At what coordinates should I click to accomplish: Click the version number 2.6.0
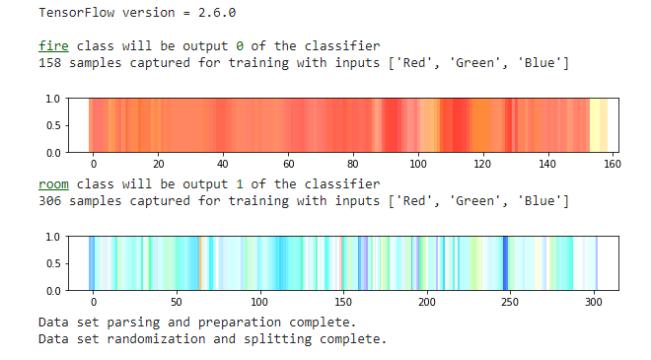pos(219,14)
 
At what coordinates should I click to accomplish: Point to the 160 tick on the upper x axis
pos(612,165)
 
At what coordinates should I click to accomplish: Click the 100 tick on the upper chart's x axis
pos(418,165)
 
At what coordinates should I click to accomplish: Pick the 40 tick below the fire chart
pos(223,165)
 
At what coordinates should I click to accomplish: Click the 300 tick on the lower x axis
pos(594,303)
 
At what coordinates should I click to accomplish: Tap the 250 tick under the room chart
pos(510,303)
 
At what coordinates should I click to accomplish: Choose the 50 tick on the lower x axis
pos(176,303)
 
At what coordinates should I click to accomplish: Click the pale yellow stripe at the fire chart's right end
pos(598,125)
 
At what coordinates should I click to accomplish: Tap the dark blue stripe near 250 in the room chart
pos(505,263)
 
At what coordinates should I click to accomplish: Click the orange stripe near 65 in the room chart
pos(200,263)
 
